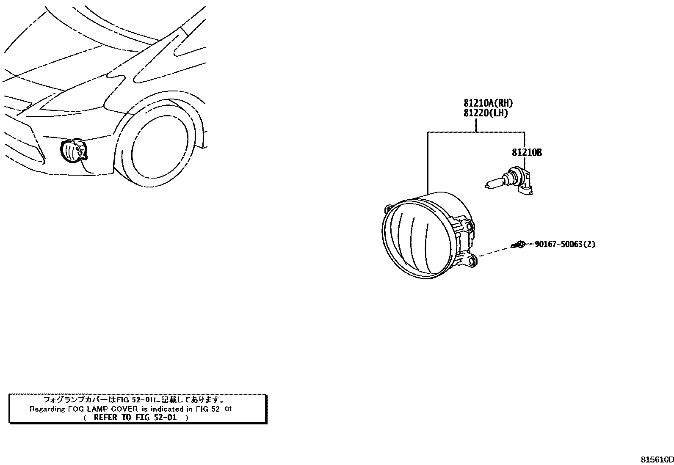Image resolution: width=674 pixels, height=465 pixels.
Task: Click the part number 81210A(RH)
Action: click(485, 103)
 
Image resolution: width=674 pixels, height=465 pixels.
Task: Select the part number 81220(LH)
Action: click(485, 113)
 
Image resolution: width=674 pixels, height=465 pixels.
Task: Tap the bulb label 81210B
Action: click(526, 152)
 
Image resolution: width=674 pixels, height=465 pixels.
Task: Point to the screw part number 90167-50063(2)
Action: click(564, 244)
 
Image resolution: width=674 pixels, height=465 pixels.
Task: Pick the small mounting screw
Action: click(518, 244)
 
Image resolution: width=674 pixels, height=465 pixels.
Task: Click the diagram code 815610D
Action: click(656, 459)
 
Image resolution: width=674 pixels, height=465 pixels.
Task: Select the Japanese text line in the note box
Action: click(133, 399)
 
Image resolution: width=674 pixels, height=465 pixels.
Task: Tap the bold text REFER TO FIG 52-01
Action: click(135, 417)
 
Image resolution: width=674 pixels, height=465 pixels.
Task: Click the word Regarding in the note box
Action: click(45, 409)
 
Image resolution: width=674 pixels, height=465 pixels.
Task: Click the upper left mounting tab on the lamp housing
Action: click(388, 209)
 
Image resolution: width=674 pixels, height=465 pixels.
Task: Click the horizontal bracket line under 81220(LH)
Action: click(476, 132)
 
